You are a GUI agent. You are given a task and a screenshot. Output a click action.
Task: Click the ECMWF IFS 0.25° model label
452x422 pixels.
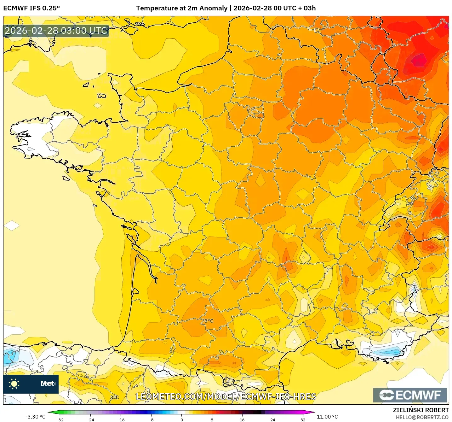[31, 8]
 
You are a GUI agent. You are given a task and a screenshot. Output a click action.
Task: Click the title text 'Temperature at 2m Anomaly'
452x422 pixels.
[182, 8]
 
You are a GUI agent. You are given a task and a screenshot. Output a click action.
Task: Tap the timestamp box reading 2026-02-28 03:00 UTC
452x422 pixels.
[56, 31]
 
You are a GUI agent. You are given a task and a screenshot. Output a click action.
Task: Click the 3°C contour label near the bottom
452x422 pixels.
[114, 397]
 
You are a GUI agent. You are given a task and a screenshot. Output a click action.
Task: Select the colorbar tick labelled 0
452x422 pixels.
[182, 419]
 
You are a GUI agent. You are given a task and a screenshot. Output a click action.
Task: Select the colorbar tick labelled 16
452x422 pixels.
[242, 419]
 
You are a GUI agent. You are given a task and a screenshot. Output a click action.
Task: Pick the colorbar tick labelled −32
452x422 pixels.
[60, 419]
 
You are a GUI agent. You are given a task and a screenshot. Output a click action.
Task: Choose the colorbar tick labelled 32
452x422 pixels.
[303, 419]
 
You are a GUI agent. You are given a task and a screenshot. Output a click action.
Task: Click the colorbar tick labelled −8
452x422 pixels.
[151, 419]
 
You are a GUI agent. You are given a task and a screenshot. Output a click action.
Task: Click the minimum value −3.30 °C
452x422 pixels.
[35, 417]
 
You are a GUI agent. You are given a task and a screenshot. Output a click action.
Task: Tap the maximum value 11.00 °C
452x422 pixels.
[327, 417]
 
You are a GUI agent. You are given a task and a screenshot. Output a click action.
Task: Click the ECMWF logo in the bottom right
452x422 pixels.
[410, 395]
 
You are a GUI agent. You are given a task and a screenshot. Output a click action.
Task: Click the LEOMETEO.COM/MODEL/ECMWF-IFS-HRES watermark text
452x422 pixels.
[226, 397]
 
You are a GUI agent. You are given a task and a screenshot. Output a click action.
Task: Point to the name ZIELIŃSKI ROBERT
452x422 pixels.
[421, 410]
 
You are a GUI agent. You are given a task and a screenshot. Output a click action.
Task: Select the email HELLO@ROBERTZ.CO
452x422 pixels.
[422, 417]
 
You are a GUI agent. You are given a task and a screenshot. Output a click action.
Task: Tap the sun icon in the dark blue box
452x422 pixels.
[14, 384]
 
